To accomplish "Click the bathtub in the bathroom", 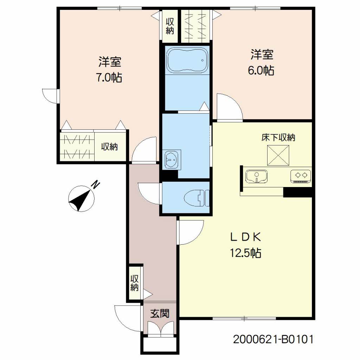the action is pos(187,60).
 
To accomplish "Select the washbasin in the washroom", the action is pos(172,160).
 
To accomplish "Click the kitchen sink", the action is pos(257,176).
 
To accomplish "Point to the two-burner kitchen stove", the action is pos(301,176).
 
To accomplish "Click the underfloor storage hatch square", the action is pos(278,155).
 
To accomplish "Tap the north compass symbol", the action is pos(82,198).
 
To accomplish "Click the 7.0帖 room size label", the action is pos(109,78).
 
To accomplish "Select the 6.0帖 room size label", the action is pos(261,70).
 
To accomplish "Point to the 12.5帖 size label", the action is pos(246,253).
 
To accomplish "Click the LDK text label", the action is pos(246,237).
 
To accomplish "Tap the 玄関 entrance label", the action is pos(160,313).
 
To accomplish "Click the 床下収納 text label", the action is pos(278,137).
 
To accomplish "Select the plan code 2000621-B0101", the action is pos(273,339).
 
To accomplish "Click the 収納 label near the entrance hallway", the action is pos(135,283).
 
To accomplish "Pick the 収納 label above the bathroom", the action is pos(170,26).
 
